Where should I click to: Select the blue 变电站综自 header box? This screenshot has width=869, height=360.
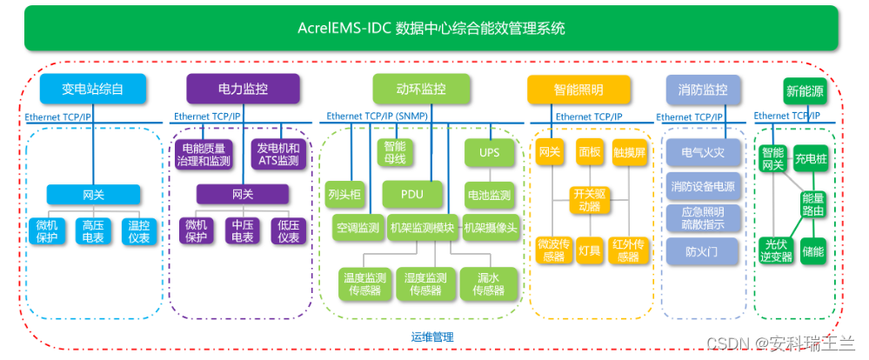pos(92,89)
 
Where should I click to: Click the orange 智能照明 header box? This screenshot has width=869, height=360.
pos(578,90)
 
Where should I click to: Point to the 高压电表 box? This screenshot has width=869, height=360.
pos(93,230)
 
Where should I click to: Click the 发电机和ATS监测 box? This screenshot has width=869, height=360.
pos(279,155)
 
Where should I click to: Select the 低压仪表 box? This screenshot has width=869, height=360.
pos(290,230)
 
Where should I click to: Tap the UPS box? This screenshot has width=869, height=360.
pos(490,152)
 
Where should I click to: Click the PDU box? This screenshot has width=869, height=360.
pos(413,194)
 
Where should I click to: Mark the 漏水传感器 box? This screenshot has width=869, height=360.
pos(490,283)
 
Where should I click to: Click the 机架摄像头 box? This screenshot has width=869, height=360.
pos(491,228)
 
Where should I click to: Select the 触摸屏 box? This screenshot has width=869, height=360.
pos(629,152)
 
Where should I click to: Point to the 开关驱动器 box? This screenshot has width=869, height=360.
pos(590,200)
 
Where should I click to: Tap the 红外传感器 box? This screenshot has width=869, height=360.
pos(629,250)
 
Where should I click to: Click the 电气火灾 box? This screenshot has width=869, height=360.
pos(702,152)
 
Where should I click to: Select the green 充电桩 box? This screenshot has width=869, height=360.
pos(811,159)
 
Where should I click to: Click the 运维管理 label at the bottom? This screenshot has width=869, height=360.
pos(431,336)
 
